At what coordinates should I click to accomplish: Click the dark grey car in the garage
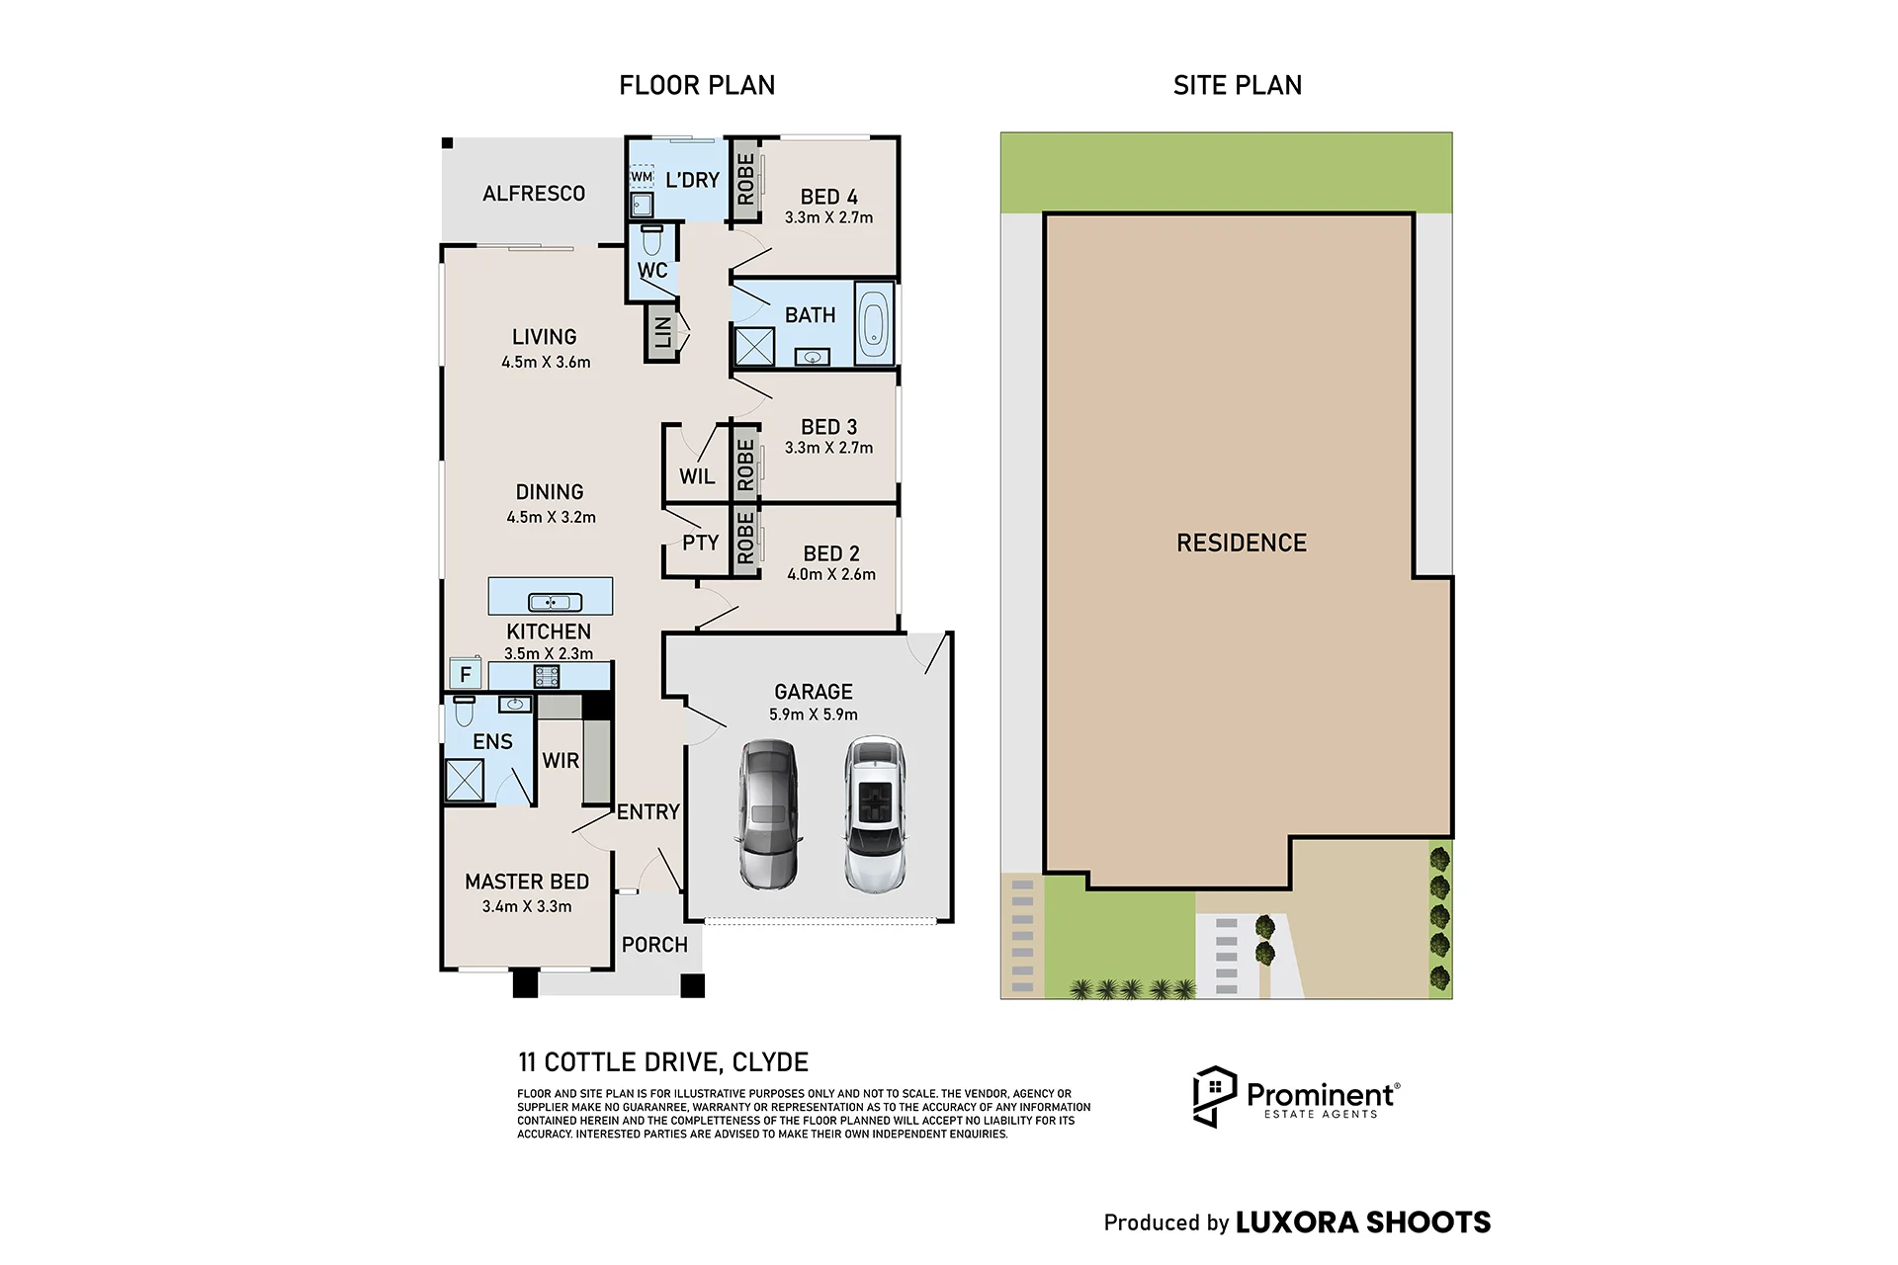[x=768, y=814]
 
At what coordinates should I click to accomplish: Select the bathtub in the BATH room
[x=874, y=323]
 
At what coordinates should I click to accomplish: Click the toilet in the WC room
[x=652, y=240]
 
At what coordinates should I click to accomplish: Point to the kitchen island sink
[x=551, y=602]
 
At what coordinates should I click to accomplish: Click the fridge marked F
[x=466, y=675]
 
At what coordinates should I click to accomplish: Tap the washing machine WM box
[x=642, y=177]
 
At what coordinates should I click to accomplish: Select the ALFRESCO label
[x=534, y=194]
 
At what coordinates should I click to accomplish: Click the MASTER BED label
[x=527, y=882]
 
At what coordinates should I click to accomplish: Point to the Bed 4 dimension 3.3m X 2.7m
[x=829, y=217]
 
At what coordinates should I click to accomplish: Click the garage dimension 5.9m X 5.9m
[x=814, y=715]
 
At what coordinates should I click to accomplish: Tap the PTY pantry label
[x=700, y=543]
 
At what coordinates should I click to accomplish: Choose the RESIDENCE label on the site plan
[x=1242, y=543]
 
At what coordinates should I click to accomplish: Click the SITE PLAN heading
[x=1238, y=86]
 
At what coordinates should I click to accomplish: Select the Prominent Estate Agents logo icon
[x=1215, y=1097]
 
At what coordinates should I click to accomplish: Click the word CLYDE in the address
[x=770, y=1062]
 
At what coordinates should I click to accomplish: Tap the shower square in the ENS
[x=464, y=779]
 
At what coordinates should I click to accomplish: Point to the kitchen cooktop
[x=547, y=676]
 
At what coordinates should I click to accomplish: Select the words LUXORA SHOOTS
[x=1363, y=1223]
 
